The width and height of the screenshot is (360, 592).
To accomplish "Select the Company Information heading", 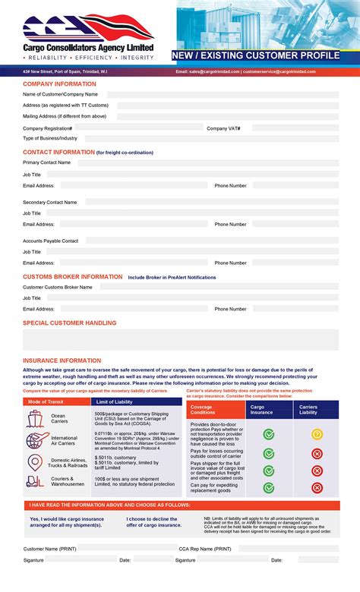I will (x=59, y=83).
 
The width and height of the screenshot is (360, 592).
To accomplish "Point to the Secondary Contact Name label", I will (x=49, y=203).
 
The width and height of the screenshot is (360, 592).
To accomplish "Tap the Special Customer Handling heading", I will (x=69, y=323).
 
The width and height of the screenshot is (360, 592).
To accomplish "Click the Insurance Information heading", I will (x=62, y=361).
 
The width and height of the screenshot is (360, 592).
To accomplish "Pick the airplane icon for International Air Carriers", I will (x=36, y=440).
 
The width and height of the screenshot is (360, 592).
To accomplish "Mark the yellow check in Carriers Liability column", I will (x=317, y=434).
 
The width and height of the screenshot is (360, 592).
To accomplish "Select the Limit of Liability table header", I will (x=115, y=401).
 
